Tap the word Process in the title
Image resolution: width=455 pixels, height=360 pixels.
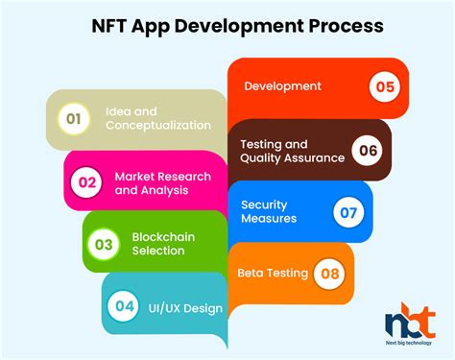coord(343,26)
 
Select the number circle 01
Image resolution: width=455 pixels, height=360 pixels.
coord(70,118)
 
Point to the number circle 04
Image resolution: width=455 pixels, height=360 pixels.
coord(125,307)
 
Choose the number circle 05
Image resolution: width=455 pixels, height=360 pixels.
coord(385,87)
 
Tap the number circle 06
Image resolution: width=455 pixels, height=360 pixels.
coord(368,151)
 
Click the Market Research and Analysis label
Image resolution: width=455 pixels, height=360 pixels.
coord(164,182)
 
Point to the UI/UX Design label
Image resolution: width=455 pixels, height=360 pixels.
coord(186,308)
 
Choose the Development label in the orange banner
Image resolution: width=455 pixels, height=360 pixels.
coord(282,86)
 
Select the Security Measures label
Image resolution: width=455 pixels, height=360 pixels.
coord(270,211)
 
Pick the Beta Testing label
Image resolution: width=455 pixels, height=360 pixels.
coord(273,273)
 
